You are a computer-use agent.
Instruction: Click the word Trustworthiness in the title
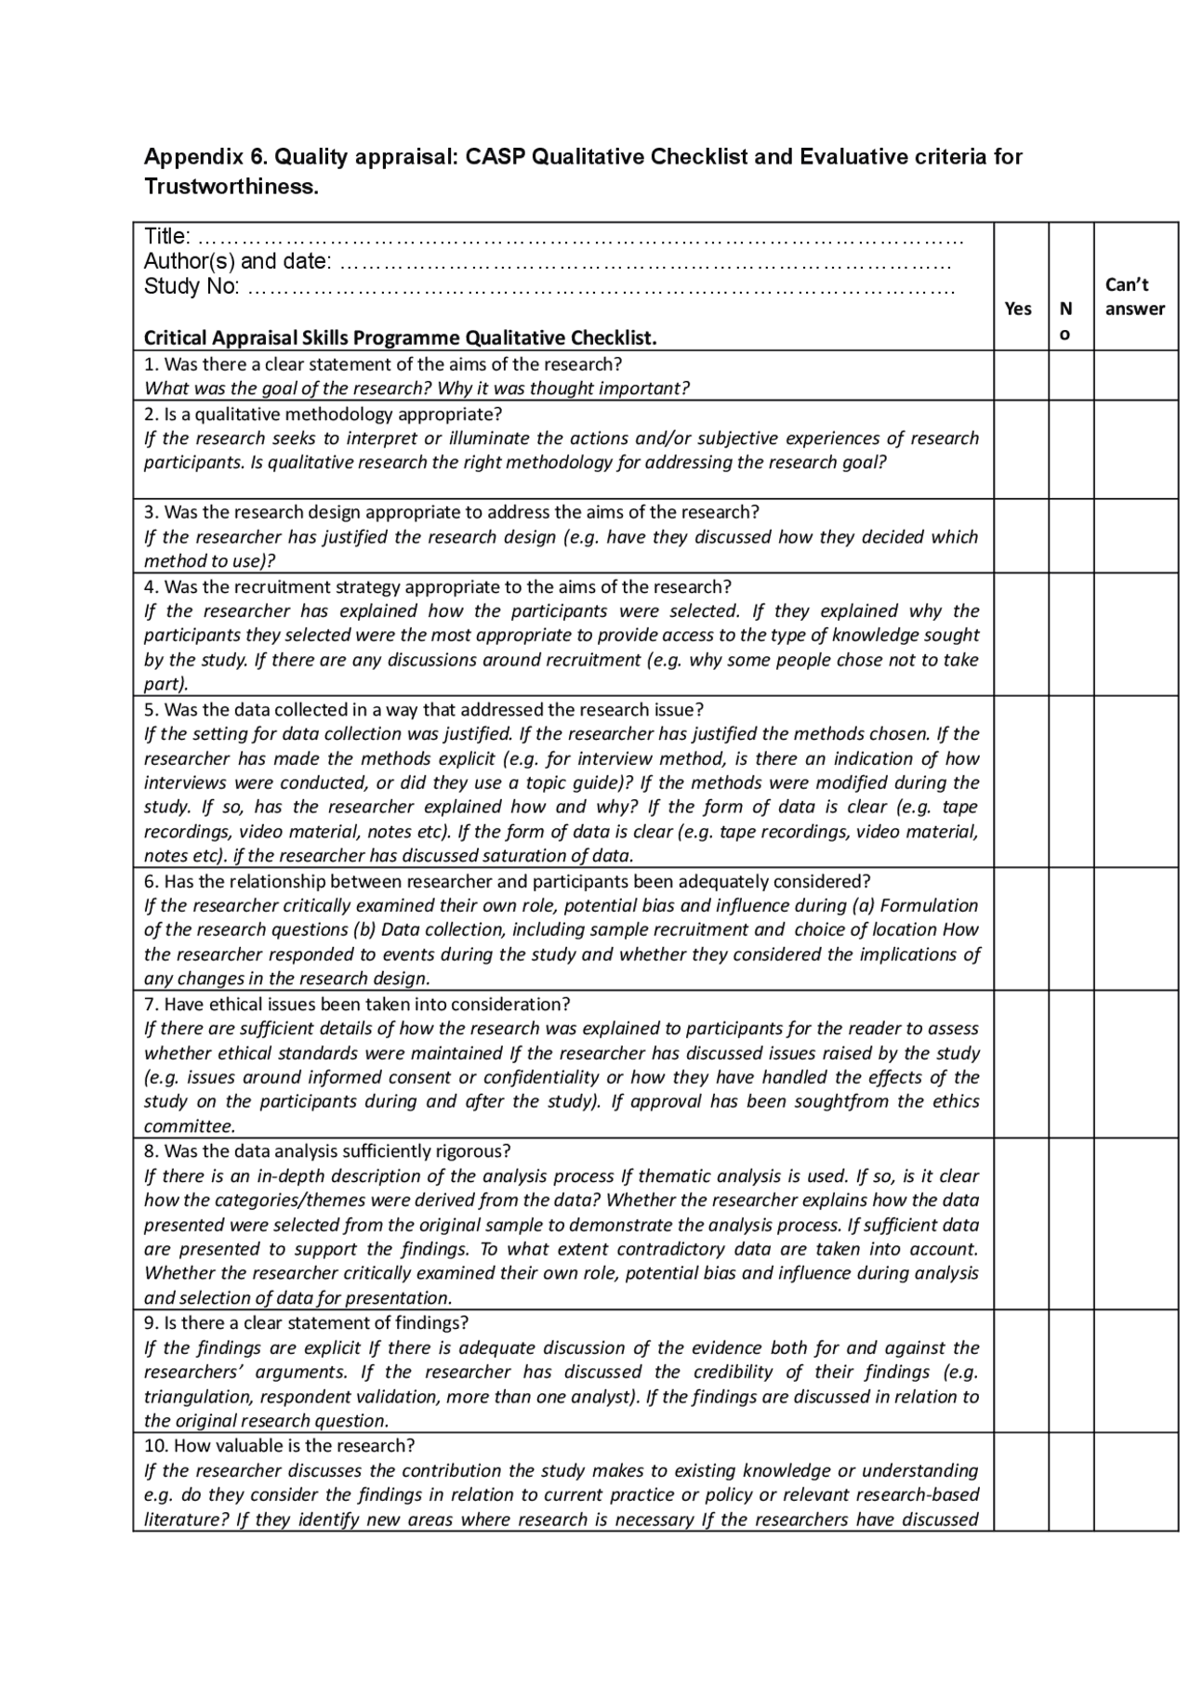click(231, 187)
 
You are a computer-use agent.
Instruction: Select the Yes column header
click(1018, 309)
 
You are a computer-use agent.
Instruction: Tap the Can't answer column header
click(1134, 296)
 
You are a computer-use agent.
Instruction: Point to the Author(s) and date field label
click(236, 261)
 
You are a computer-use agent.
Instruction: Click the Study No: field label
click(192, 285)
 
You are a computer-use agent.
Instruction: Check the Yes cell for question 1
click(1021, 375)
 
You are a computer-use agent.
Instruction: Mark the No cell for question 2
click(1071, 450)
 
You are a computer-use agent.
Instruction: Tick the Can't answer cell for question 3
click(1135, 536)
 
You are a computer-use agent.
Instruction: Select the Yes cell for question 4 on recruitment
click(1021, 635)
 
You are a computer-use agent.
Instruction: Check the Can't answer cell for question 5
click(1135, 782)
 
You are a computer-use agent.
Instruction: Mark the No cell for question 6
click(1071, 928)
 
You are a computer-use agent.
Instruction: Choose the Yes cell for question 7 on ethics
click(1021, 1064)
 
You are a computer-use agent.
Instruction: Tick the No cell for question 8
click(1071, 1224)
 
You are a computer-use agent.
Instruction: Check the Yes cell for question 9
click(1021, 1371)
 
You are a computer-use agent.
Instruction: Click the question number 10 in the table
click(155, 1446)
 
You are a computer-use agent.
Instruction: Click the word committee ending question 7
click(188, 1126)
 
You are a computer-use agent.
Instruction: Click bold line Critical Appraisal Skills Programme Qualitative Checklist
click(400, 337)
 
